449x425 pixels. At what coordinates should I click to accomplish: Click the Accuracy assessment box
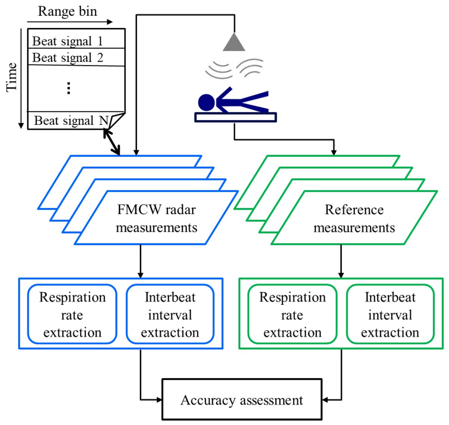point(242,400)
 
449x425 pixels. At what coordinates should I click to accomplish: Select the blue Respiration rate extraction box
point(72,314)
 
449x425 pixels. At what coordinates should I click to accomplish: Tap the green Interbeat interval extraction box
point(390,314)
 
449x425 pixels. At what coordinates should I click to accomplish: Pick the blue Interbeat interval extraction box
point(170,314)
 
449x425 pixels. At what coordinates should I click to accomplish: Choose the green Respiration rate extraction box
point(292,314)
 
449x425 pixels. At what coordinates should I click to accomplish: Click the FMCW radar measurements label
point(156,218)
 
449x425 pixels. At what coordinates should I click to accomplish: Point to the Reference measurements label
point(354,218)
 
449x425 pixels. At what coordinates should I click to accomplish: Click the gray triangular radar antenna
point(234,43)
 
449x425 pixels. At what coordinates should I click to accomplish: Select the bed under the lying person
point(236,117)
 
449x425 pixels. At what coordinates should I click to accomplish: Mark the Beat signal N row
point(71,121)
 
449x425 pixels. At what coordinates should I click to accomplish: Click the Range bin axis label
point(67,11)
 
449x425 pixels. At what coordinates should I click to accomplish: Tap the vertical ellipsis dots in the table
point(68,88)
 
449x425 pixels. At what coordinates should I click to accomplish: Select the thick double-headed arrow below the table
point(112,142)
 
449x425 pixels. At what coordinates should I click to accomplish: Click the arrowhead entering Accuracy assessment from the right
point(325,400)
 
